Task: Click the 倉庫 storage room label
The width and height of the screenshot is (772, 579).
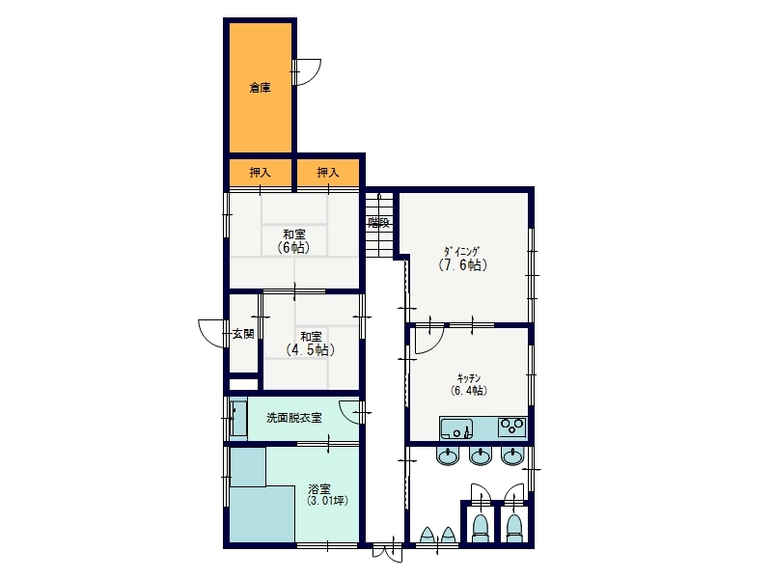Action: (260, 88)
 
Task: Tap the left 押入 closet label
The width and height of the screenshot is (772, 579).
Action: (260, 173)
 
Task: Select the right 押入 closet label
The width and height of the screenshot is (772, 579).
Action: (328, 173)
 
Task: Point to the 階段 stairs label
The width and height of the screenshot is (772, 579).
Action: (379, 223)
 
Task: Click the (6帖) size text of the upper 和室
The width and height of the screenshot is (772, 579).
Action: (294, 247)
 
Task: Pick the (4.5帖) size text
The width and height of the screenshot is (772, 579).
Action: (311, 349)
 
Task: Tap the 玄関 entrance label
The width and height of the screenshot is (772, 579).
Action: (243, 334)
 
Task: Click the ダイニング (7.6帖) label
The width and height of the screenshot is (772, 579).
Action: (463, 259)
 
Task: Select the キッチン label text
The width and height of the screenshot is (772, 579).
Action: (469, 378)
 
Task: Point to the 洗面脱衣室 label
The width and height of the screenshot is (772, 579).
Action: (294, 418)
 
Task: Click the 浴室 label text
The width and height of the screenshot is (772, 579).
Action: (319, 489)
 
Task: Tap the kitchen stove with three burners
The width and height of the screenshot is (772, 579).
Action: (512, 427)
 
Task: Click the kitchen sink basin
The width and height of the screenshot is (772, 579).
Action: (456, 428)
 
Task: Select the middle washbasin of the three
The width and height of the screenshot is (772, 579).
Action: (480, 455)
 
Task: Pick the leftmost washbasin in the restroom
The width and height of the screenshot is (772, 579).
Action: (448, 455)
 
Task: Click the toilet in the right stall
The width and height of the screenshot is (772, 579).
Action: (513, 527)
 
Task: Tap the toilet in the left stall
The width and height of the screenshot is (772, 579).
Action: (480, 527)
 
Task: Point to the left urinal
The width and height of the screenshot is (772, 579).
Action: (427, 536)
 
